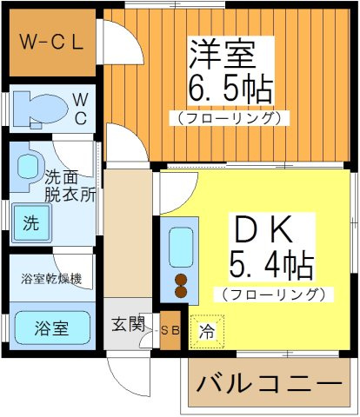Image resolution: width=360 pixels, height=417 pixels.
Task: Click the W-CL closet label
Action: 52,41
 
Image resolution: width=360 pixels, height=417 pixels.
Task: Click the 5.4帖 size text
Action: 270,262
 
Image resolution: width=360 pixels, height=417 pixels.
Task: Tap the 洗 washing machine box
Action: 31,222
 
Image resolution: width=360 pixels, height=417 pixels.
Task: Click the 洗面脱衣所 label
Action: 70,185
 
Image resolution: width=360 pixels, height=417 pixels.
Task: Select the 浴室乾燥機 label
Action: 52,279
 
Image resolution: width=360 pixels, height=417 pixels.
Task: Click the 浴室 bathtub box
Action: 52,328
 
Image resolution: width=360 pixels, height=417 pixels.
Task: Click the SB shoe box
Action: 170,330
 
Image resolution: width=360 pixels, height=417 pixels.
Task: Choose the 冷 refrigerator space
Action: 207,330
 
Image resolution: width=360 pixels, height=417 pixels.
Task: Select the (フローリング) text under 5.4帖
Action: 272,295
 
